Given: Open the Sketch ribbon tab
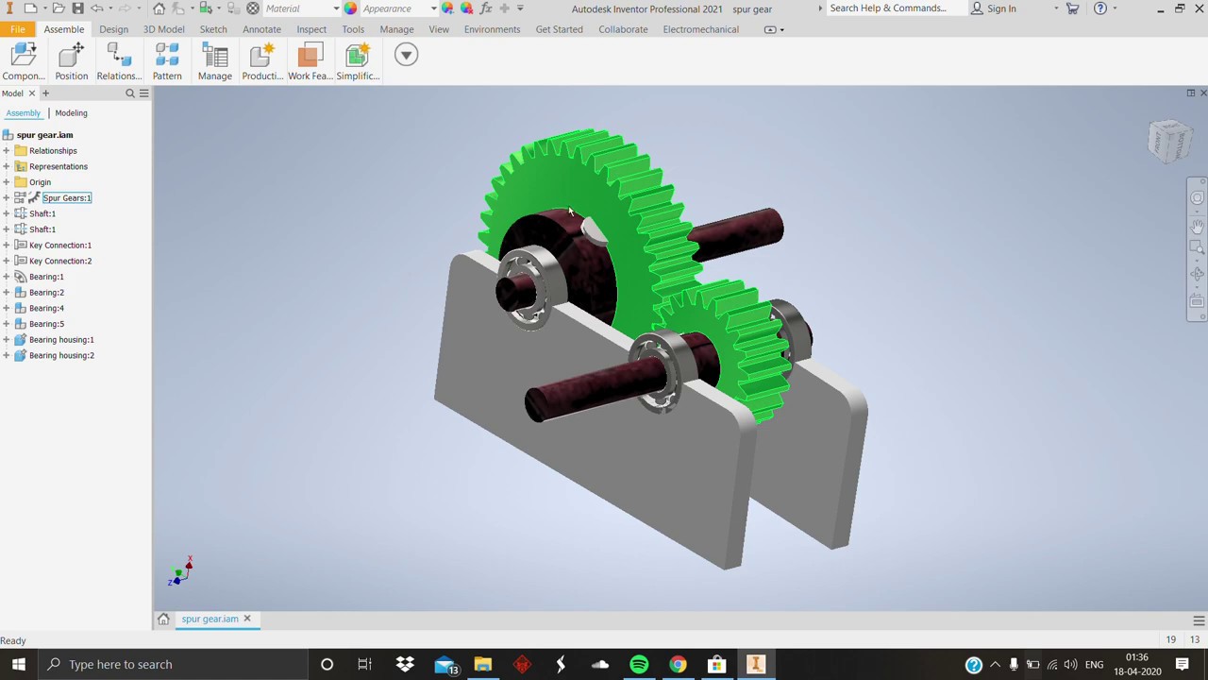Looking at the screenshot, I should click(213, 29).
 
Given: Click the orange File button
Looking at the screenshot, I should click(17, 29).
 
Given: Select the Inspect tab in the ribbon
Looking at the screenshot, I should click(311, 29).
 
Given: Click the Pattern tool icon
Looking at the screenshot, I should click(167, 56).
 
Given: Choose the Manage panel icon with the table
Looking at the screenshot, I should click(215, 56).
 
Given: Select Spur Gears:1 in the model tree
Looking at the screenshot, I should click(66, 198).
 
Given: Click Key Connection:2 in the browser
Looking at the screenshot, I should click(60, 261).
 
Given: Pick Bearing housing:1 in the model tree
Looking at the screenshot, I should click(61, 340).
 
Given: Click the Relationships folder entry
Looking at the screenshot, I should click(53, 151).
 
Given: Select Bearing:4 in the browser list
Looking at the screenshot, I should click(46, 308).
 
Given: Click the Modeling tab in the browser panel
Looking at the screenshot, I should click(71, 113).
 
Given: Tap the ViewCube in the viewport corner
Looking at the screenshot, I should click(1170, 142).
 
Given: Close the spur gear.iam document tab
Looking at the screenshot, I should click(247, 619).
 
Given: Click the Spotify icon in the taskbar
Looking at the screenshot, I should click(639, 664).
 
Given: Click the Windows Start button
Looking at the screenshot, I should click(19, 664).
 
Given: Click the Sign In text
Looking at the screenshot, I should click(1001, 8).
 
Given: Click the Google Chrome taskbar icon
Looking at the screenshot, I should click(678, 664).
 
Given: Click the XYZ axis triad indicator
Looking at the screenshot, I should click(180, 572).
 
